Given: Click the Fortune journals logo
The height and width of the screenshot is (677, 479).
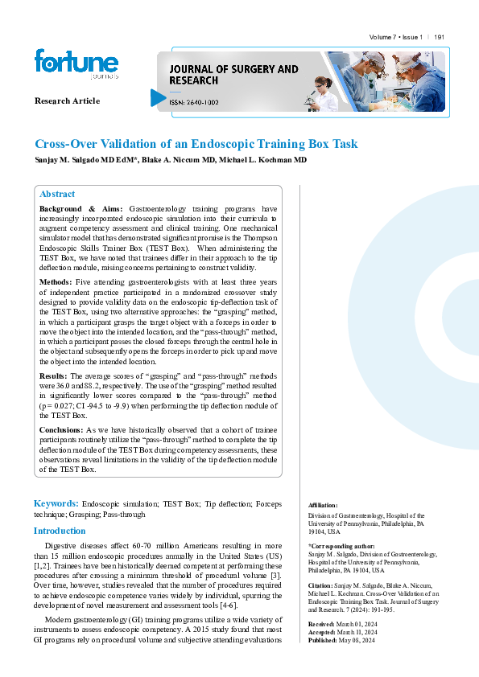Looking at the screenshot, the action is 76,64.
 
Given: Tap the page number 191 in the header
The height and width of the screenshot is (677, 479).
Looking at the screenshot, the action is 440,38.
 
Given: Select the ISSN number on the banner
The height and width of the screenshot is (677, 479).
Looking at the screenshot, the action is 192,101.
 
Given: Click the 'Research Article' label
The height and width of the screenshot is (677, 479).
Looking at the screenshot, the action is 67,101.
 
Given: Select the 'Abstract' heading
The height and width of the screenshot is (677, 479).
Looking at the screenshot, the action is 57,194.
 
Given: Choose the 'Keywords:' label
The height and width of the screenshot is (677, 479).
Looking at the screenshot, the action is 56,503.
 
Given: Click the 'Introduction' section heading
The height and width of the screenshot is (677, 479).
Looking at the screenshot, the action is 59,531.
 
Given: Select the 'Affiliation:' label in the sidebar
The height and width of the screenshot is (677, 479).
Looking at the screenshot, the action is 324,505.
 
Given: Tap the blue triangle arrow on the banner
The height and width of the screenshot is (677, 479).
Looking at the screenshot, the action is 158,98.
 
